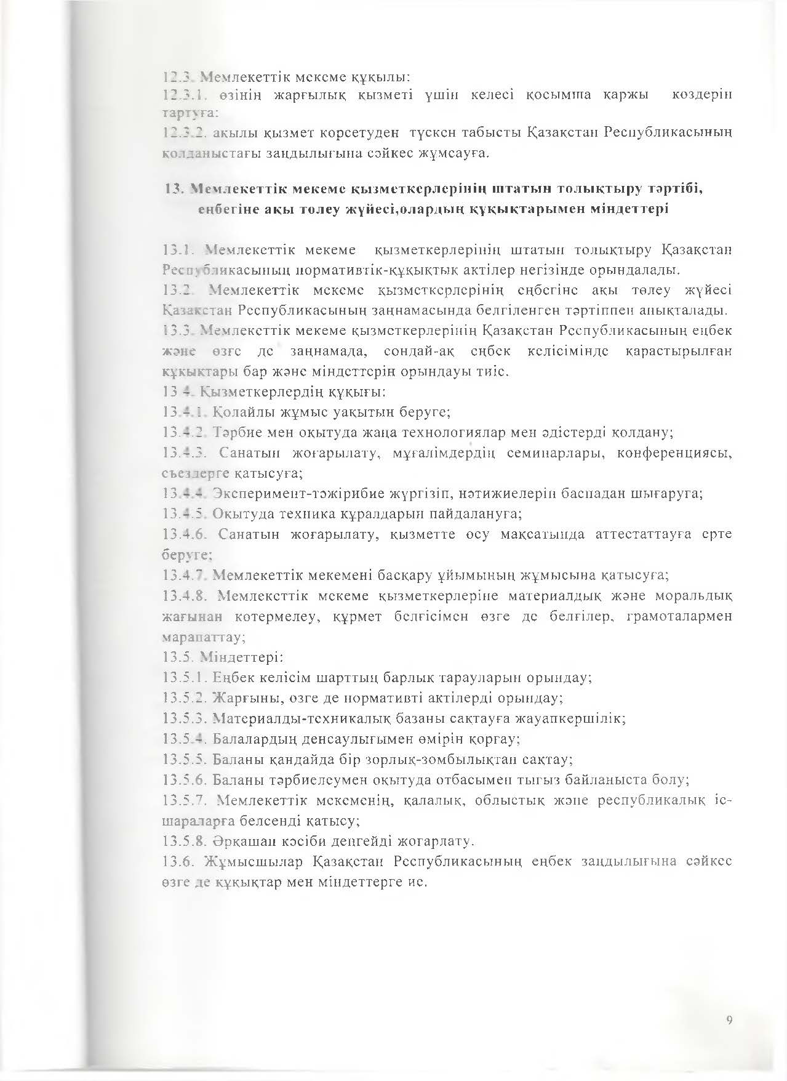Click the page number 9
coord(729,1021)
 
